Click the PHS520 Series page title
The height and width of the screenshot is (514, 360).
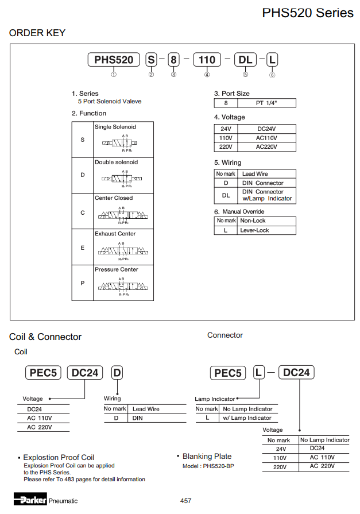click(308, 12)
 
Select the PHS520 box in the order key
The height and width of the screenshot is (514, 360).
click(114, 60)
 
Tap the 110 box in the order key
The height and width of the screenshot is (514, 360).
click(207, 60)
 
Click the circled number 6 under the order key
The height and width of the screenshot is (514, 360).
click(272, 75)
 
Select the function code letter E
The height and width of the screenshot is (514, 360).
click(82, 247)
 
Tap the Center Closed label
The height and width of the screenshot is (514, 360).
click(114, 198)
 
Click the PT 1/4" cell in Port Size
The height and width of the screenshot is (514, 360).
click(266, 103)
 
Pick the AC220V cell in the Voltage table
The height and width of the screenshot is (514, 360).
click(266, 147)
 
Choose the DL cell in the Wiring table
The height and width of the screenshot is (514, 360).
click(226, 195)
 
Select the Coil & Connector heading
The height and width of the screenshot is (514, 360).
click(45, 337)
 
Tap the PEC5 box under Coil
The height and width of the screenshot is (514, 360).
click(44, 373)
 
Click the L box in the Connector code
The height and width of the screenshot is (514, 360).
click(259, 373)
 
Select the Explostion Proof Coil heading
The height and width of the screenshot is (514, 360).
click(59, 458)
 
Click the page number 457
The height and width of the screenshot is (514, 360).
click(185, 501)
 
